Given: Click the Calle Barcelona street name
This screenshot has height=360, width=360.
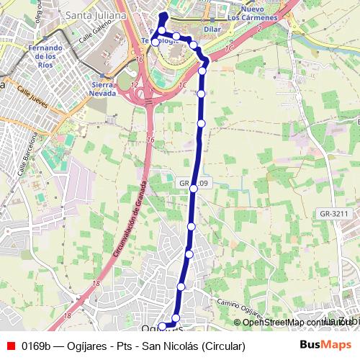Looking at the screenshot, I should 22,158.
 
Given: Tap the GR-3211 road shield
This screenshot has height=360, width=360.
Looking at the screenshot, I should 334,214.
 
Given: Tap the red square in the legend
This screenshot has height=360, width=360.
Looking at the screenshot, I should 11,346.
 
